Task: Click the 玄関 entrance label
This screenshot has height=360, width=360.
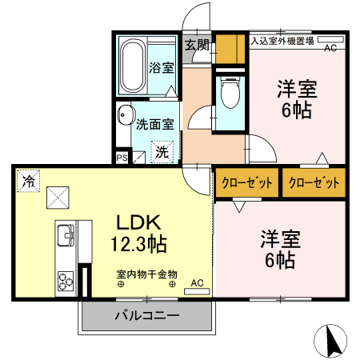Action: (197, 45)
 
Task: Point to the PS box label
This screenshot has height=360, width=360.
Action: (122, 158)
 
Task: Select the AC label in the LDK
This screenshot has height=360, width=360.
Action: (197, 282)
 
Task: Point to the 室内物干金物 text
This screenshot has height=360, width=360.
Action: (147, 273)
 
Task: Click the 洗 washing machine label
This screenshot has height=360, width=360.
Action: (161, 150)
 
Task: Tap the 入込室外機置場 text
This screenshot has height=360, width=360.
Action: (282, 38)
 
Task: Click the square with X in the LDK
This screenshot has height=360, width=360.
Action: (57, 197)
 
